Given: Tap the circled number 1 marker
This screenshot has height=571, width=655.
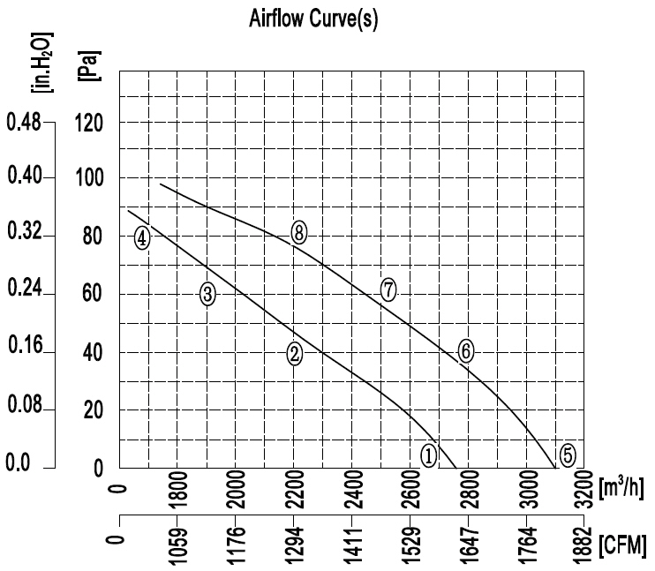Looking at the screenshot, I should (x=428, y=455).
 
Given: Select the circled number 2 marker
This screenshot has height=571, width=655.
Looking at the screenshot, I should (x=295, y=354).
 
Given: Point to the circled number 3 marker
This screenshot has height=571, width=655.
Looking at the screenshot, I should (x=207, y=295).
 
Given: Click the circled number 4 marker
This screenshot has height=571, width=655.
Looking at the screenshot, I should (x=143, y=237).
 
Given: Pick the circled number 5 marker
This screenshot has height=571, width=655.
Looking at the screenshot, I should (x=568, y=455).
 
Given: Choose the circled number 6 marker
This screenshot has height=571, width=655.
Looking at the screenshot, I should (x=467, y=350).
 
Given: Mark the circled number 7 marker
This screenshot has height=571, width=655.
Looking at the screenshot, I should (x=388, y=289).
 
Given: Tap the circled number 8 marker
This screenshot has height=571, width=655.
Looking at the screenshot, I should (x=299, y=233).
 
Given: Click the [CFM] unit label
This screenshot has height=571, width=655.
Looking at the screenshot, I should (x=621, y=540).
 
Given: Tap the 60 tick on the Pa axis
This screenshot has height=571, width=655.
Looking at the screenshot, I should (x=95, y=295).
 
